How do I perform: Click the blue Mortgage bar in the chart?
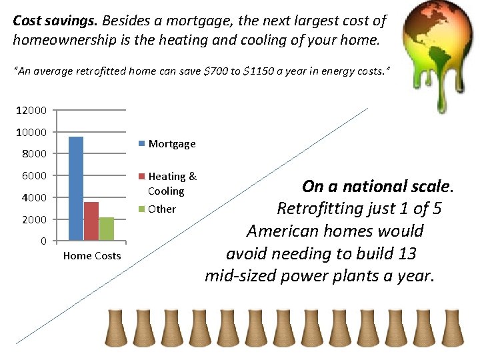[x=76, y=188]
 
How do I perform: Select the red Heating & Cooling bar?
[x=91, y=221]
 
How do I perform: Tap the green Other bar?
[x=107, y=229]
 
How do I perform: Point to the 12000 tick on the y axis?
[x=32, y=111]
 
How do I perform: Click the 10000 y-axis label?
[x=32, y=133]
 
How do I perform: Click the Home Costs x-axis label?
[x=92, y=256]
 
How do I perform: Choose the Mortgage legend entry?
[x=171, y=143]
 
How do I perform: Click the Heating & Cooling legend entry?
[x=171, y=183]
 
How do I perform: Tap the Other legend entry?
[x=161, y=209]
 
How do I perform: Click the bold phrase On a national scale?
[x=377, y=186]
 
